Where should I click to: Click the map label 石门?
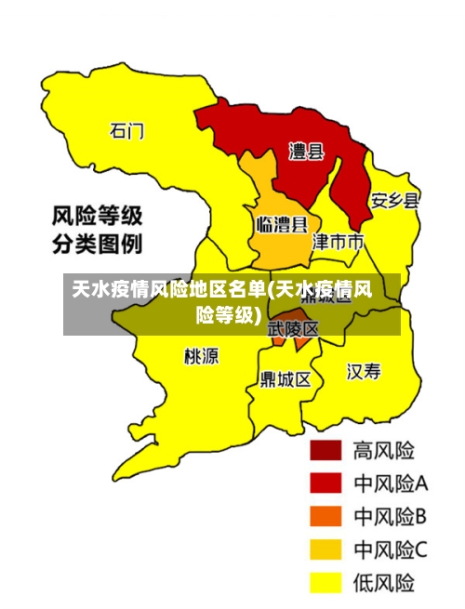tap(127, 130)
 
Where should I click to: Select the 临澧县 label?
tap(282, 224)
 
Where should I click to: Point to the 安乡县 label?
tap(395, 200)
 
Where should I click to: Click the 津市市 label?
tap(338, 243)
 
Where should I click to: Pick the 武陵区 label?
tap(293, 329)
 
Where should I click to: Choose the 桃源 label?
tap(202, 356)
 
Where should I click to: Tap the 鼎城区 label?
tap(286, 379)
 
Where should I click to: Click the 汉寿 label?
tap(364, 372)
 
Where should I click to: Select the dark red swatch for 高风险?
tap(325, 451)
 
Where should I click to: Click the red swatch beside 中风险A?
tap(325, 483)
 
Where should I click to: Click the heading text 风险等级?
tap(96, 217)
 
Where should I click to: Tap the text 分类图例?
tap(96, 245)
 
